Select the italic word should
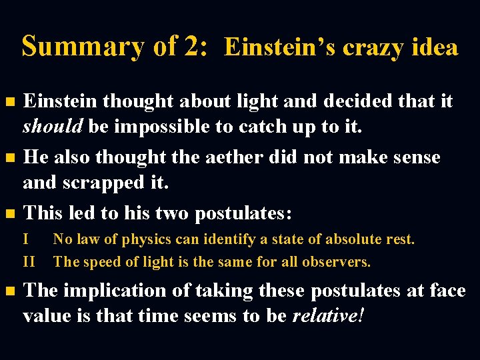(x=52, y=126)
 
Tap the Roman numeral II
(x=29, y=261)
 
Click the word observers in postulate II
(x=337, y=261)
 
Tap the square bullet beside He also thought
(x=9, y=159)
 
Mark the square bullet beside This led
(x=9, y=214)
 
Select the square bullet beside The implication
(x=9, y=292)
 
